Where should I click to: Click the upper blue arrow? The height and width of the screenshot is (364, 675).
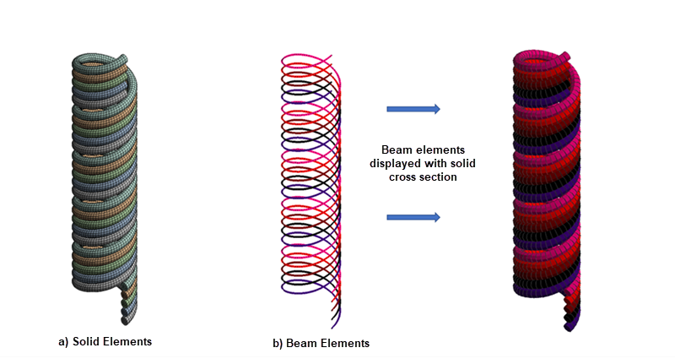[x=413, y=108]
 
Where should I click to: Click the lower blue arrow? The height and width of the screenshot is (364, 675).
[x=413, y=217]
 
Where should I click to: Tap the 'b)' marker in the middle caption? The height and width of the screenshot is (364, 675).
[x=278, y=344]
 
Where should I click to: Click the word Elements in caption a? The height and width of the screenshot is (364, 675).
[x=127, y=341]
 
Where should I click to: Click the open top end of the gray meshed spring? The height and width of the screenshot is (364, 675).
[x=125, y=59]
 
